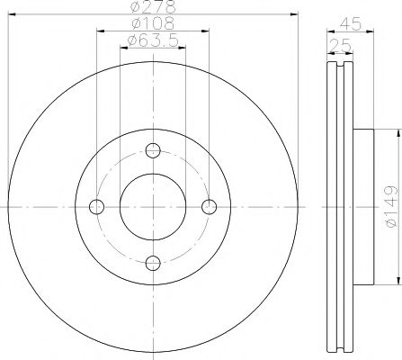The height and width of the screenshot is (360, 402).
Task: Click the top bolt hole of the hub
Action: [x=153, y=150]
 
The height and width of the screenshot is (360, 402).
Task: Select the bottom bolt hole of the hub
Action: [x=153, y=262]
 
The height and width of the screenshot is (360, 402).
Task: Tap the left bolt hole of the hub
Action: [x=97, y=206]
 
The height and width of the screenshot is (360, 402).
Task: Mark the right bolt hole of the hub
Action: [x=209, y=206]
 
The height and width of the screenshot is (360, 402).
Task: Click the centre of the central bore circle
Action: [x=153, y=206]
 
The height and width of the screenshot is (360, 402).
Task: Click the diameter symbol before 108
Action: [x=132, y=23]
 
